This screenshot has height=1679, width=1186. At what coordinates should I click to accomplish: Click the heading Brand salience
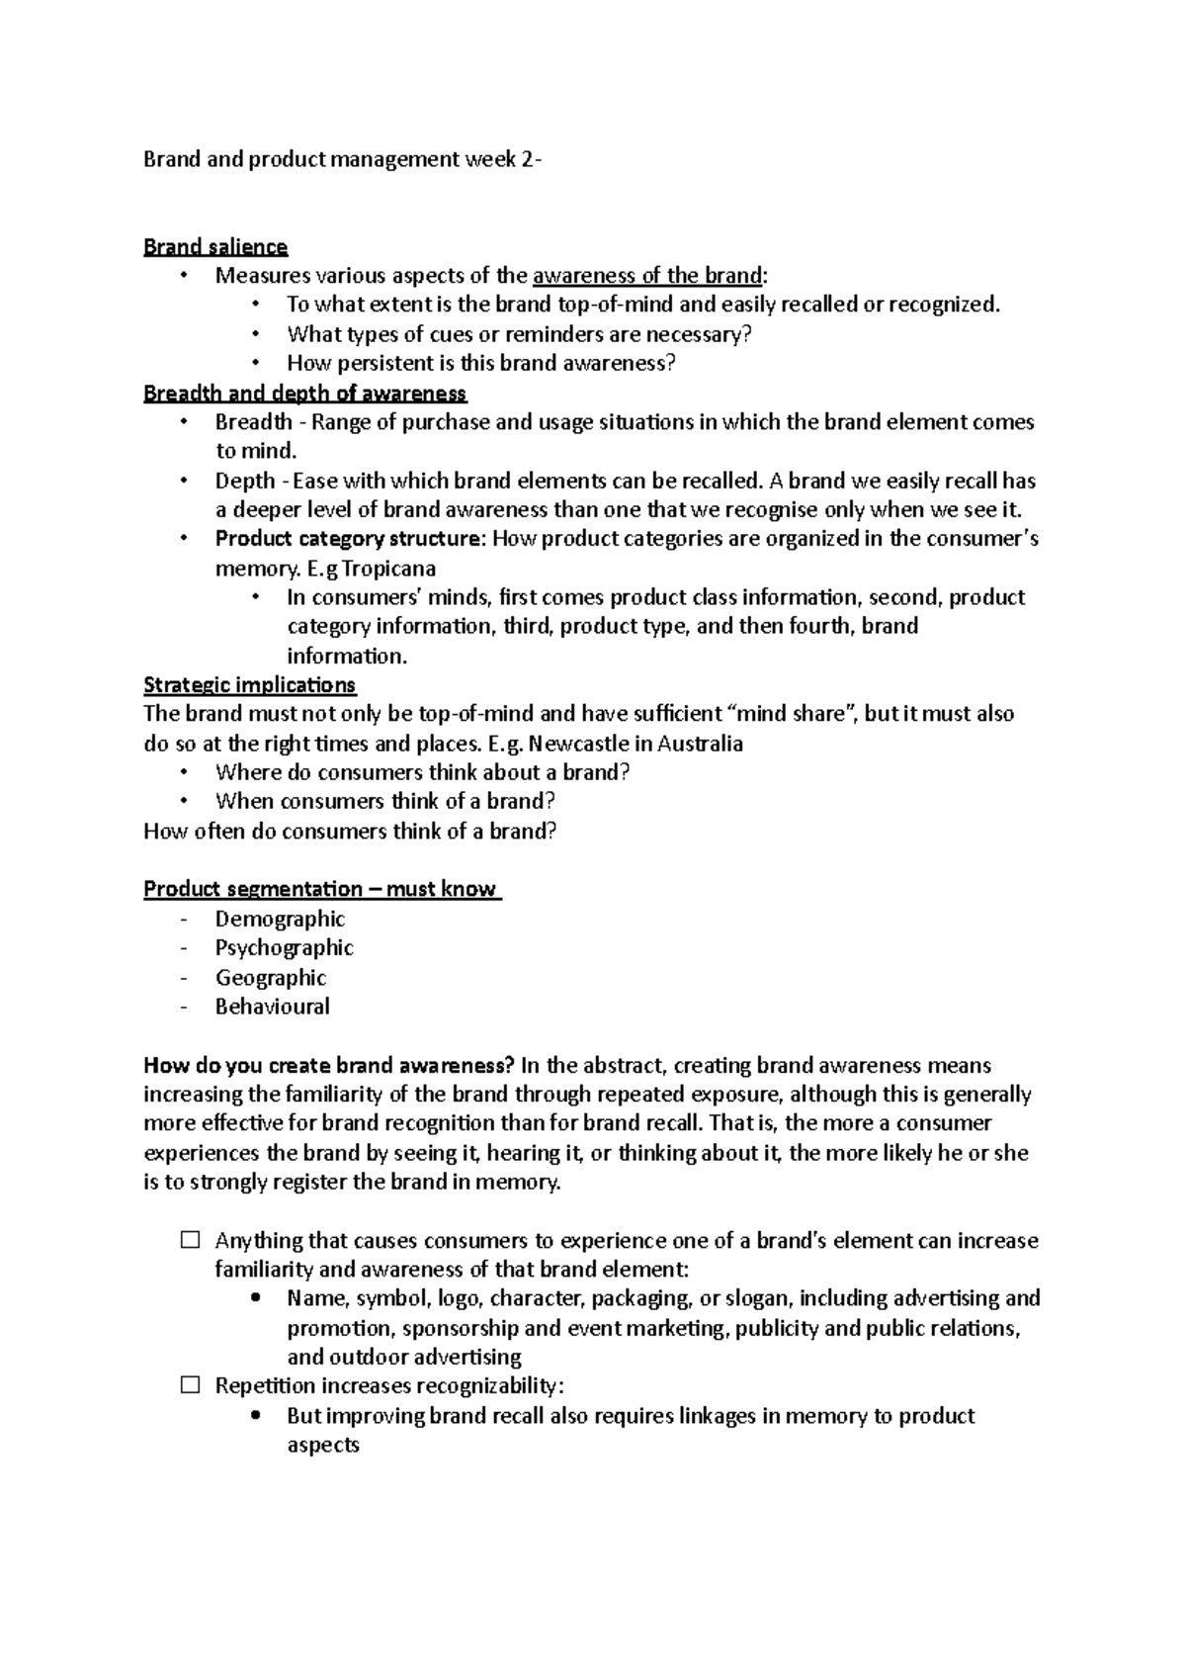point(215,246)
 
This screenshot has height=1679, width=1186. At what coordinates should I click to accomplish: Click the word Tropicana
point(388,569)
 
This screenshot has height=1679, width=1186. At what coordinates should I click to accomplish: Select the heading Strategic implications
point(249,684)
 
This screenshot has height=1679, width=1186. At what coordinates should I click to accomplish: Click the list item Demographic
point(280,919)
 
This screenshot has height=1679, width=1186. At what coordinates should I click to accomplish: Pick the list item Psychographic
point(284,947)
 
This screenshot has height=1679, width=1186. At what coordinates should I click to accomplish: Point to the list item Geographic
point(270,977)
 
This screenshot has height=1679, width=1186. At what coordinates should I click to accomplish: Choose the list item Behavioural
point(272,1007)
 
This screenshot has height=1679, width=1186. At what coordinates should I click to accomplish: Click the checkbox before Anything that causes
point(191,1240)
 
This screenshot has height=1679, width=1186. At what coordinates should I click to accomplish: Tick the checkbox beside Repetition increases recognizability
point(191,1386)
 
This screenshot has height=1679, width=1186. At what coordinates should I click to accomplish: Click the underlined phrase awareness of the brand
point(647,276)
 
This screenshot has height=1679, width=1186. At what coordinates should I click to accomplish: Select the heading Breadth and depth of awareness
point(304,393)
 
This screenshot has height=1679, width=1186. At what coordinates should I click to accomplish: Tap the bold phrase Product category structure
point(350,539)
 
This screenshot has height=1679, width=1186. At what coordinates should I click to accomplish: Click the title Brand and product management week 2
point(341,159)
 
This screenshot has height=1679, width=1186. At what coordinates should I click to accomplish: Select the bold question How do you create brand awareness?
point(329,1066)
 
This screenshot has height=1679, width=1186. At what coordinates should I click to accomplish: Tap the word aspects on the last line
point(322,1445)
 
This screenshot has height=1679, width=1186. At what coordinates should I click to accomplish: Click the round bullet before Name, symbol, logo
point(257,1298)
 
